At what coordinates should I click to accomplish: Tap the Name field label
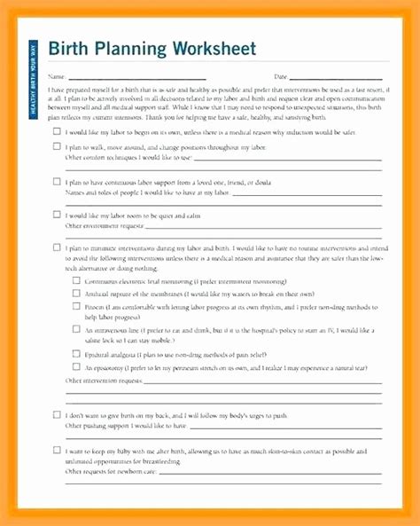coord(56,77)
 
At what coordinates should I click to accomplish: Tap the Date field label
coord(281,77)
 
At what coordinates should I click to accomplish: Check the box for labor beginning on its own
coord(57,130)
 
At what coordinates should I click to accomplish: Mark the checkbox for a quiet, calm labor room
coord(57,214)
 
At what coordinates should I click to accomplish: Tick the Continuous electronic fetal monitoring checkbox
coord(76,280)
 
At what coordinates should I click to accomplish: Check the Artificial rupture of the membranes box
coord(76,293)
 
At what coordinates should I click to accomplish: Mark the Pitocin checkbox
coord(76,306)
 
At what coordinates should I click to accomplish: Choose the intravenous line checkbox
coord(76,329)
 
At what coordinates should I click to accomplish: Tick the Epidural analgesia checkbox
coord(76,352)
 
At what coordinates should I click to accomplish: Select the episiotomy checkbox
coord(76,365)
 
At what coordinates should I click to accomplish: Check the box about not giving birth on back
coord(57,414)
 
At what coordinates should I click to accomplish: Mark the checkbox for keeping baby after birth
coord(57,450)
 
